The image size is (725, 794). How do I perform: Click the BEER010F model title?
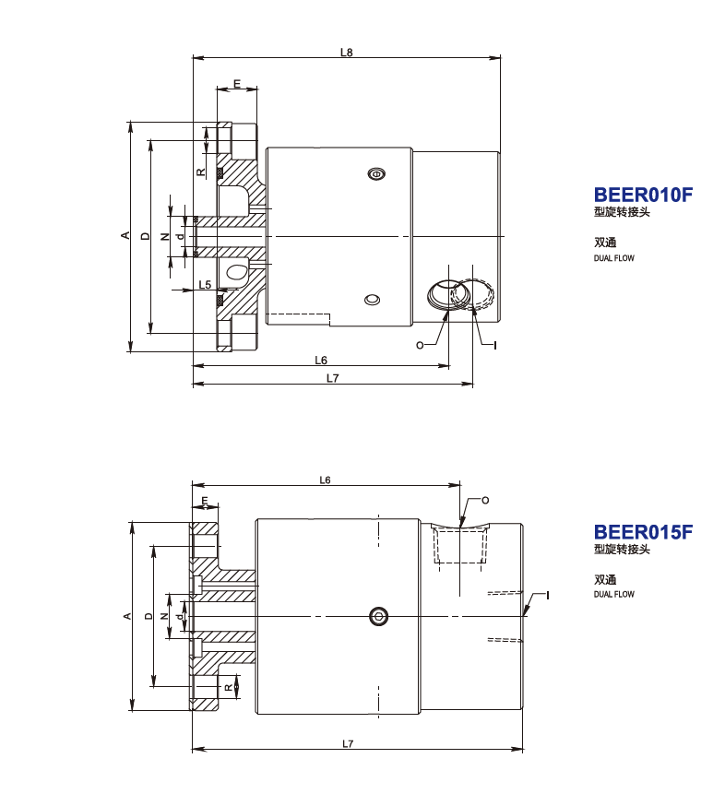(642, 195)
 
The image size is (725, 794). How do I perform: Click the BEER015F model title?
(642, 532)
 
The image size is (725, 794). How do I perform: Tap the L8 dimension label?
(346, 53)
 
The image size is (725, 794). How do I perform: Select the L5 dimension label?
(205, 285)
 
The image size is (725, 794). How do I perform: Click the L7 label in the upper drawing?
(332, 378)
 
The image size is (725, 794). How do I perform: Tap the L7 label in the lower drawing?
(348, 743)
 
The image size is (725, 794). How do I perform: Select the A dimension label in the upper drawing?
(125, 236)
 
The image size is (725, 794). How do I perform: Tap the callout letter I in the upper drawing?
(495, 345)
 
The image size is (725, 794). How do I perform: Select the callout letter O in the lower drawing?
(485, 500)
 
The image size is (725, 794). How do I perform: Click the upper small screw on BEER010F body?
(374, 174)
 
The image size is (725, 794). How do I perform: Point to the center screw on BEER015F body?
(377, 616)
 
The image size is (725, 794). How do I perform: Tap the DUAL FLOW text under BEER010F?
(613, 258)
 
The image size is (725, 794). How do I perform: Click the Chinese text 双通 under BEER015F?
(604, 580)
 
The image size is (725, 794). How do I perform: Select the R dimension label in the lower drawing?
(228, 686)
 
